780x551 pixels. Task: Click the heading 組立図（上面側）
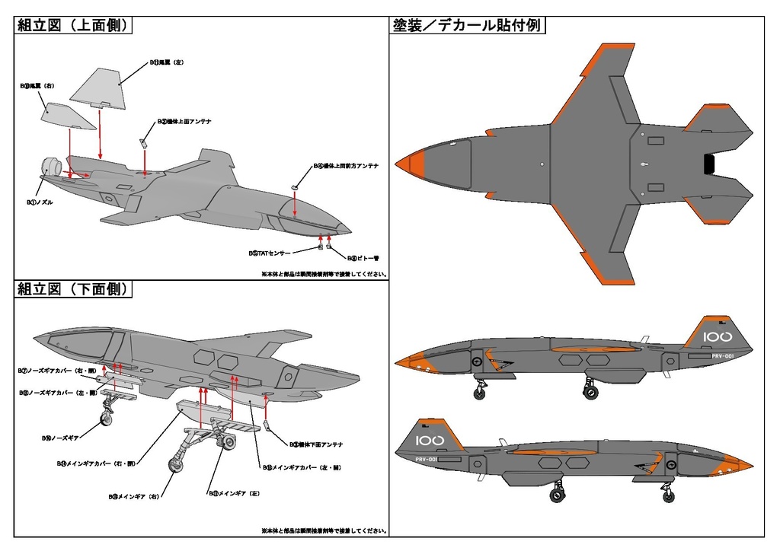pyautogui.click(x=75, y=26)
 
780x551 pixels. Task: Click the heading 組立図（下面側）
pyautogui.click(x=75, y=290)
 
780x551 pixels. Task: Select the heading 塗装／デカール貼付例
pyautogui.click(x=467, y=26)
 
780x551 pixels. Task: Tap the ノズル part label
pyautogui.click(x=39, y=203)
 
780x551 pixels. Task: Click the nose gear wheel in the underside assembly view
pyautogui.click(x=107, y=416)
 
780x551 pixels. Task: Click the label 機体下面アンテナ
pyautogui.click(x=316, y=444)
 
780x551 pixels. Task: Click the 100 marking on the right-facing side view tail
pyautogui.click(x=717, y=336)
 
